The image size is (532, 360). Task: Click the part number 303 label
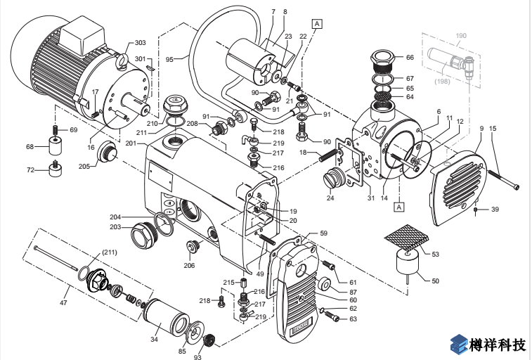[x=140, y=43]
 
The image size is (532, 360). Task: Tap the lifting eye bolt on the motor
[x=122, y=62]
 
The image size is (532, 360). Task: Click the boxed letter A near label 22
[x=317, y=23]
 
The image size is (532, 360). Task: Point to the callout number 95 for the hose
[x=169, y=60]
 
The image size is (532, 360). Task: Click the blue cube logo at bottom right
[x=458, y=345]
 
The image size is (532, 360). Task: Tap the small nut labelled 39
[x=476, y=210]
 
